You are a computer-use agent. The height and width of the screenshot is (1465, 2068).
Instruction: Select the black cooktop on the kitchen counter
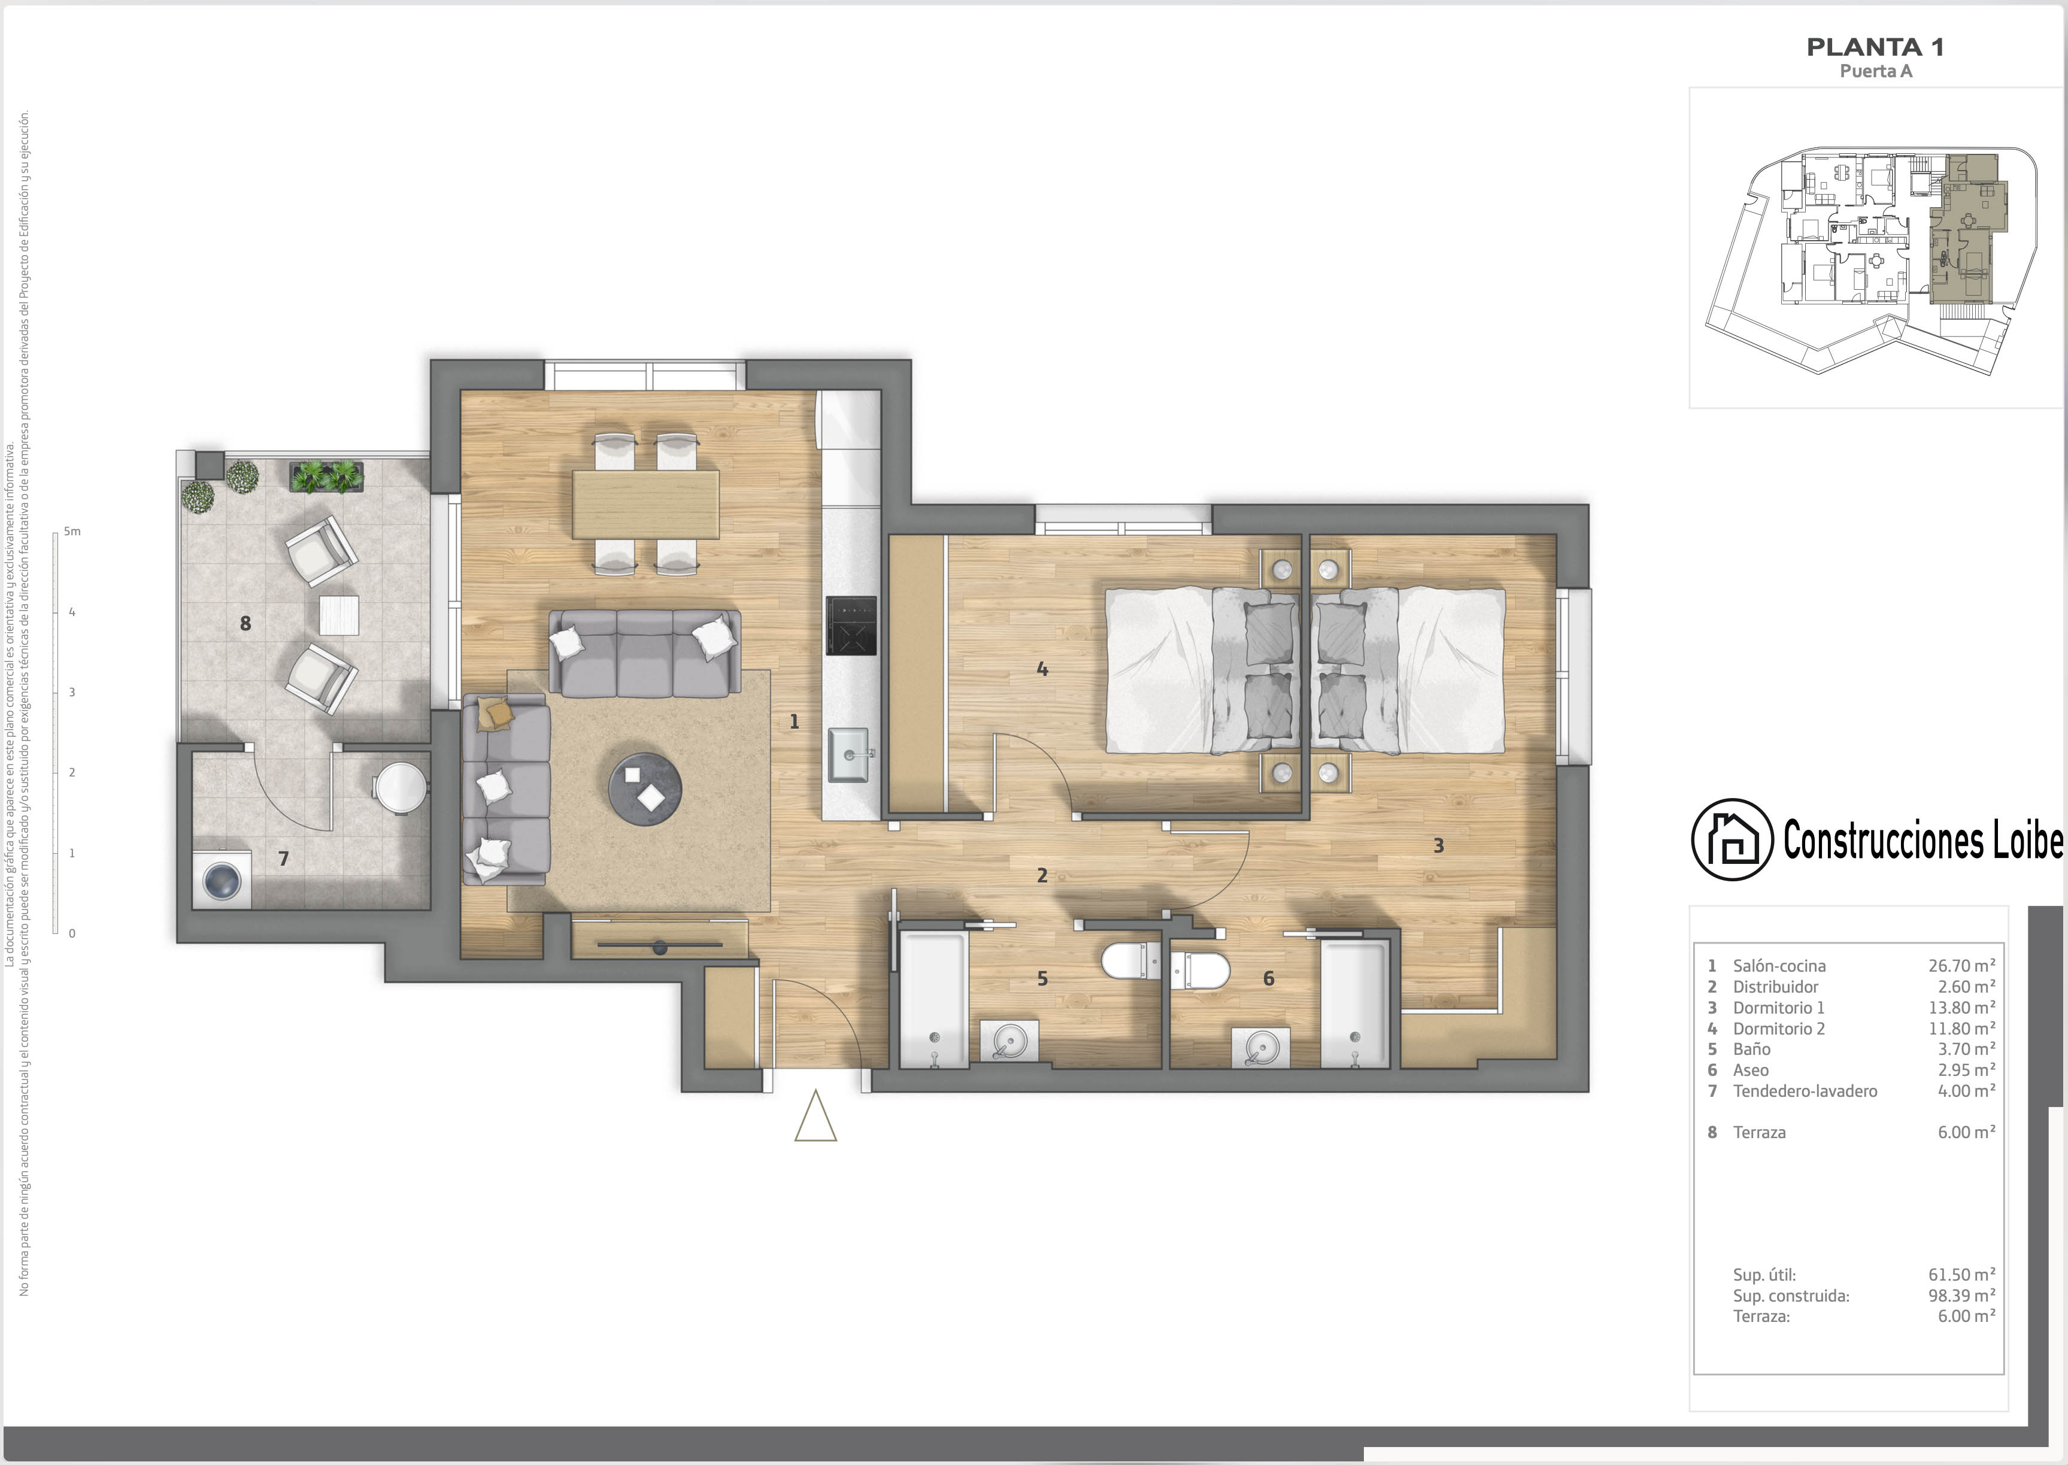850,625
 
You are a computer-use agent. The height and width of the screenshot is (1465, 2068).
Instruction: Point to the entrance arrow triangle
815,1117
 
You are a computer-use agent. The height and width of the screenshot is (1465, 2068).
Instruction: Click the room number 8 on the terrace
245,623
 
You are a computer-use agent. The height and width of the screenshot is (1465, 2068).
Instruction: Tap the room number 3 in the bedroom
1439,845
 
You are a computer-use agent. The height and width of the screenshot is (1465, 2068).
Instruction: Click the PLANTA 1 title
1875,47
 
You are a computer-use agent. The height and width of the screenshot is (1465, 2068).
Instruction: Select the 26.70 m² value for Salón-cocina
1961,965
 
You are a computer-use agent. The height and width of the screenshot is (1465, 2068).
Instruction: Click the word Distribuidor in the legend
1776,987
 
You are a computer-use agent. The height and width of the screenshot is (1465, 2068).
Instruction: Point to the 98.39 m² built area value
1961,1296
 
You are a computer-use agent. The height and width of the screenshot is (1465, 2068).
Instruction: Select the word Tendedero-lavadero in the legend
1805,1091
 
